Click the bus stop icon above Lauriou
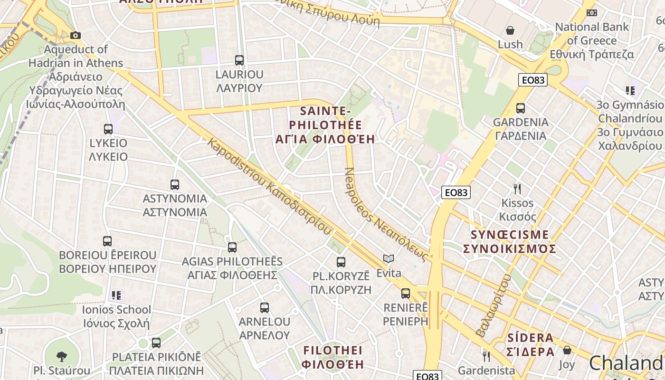(x=239, y=60)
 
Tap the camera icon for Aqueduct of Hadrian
(x=75, y=35)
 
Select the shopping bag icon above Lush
(x=510, y=30)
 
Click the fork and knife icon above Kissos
(x=517, y=189)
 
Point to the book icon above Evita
(x=389, y=259)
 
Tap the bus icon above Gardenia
(x=521, y=108)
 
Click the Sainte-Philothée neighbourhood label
(x=325, y=125)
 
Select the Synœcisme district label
(x=509, y=242)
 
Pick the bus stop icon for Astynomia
(x=175, y=184)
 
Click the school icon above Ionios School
(x=116, y=295)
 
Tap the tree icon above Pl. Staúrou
(x=62, y=356)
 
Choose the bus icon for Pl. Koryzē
(x=341, y=262)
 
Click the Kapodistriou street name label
(x=269, y=186)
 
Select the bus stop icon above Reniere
(x=405, y=294)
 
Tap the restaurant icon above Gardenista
(x=486, y=356)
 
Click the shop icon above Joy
(x=567, y=351)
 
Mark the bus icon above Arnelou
(x=265, y=307)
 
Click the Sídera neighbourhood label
(x=531, y=345)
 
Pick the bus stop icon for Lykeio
(x=108, y=129)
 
